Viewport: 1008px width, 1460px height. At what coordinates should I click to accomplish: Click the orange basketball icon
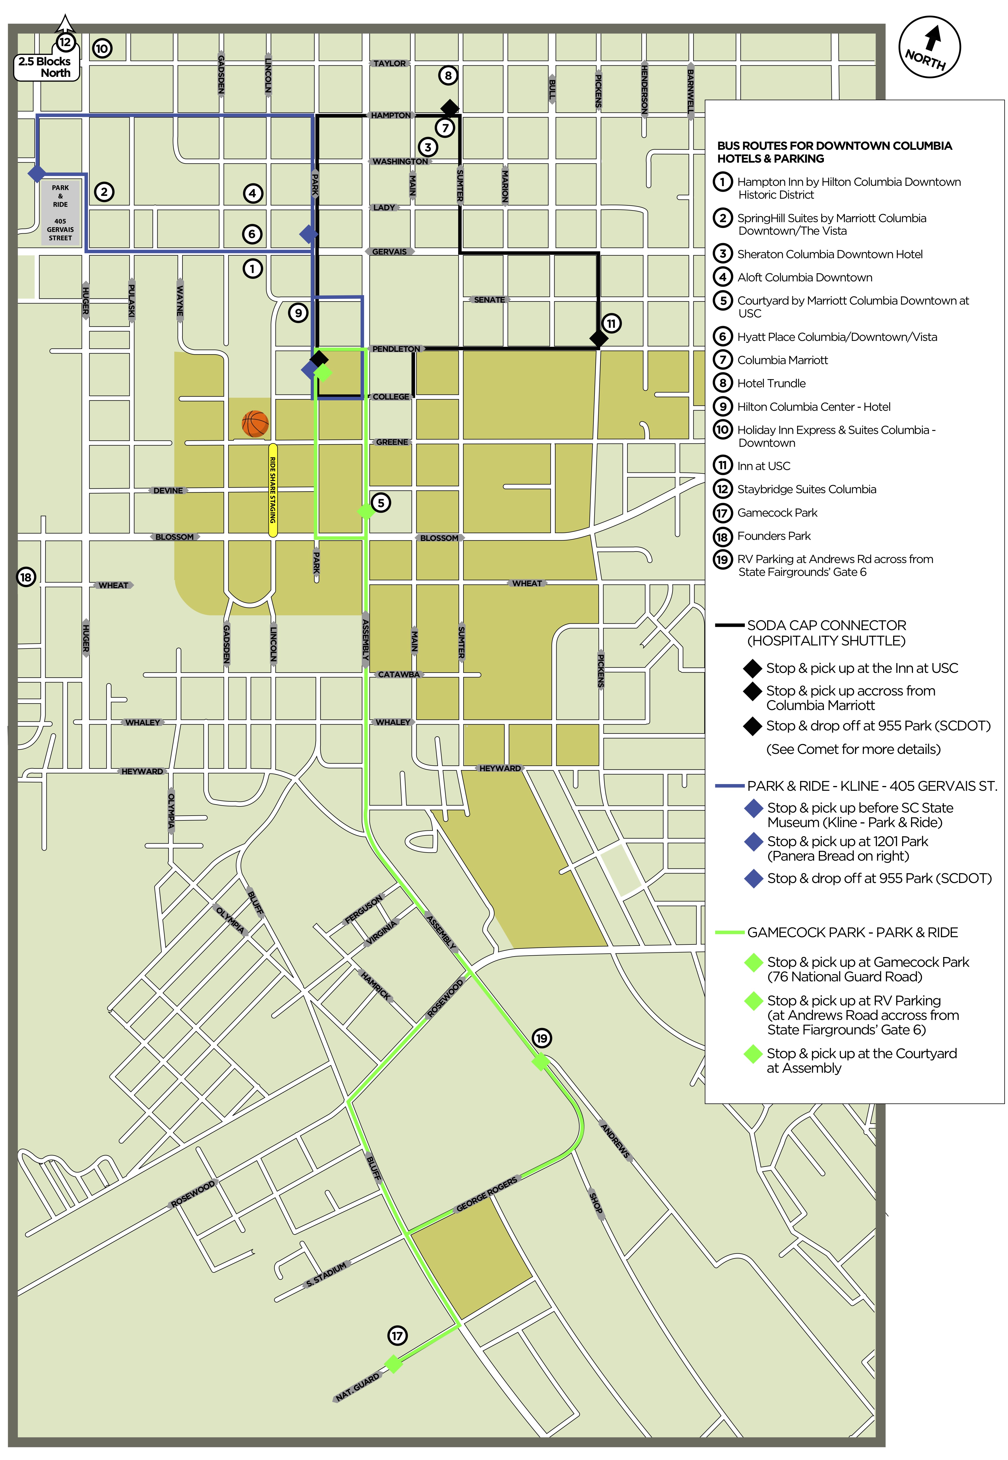pos(255,424)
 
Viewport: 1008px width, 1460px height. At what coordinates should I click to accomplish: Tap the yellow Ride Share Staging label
pos(273,490)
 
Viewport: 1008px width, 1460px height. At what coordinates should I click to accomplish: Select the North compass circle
pos(929,47)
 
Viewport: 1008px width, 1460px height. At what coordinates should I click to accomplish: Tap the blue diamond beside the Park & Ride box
pos(37,173)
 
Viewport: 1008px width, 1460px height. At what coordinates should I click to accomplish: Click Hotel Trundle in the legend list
pos(771,383)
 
